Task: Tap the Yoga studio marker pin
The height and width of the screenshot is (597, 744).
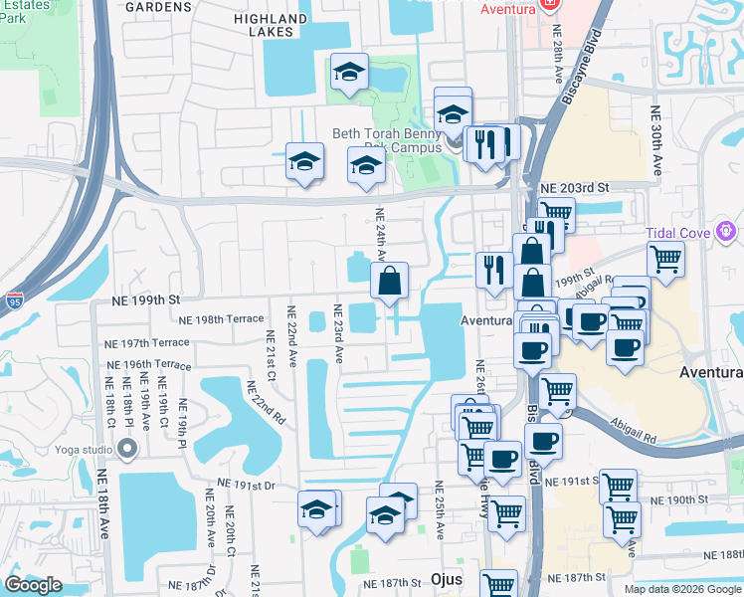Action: coord(126,450)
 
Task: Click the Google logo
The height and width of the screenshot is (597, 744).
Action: coord(33,585)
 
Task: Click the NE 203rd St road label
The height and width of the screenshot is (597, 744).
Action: coord(574,187)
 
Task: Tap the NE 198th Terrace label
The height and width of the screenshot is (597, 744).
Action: coord(222,319)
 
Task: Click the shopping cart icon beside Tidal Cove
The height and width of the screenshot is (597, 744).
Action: coord(665,259)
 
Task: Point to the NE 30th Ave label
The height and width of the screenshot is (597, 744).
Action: coord(656,141)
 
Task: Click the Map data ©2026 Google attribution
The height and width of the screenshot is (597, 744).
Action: coord(681,589)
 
